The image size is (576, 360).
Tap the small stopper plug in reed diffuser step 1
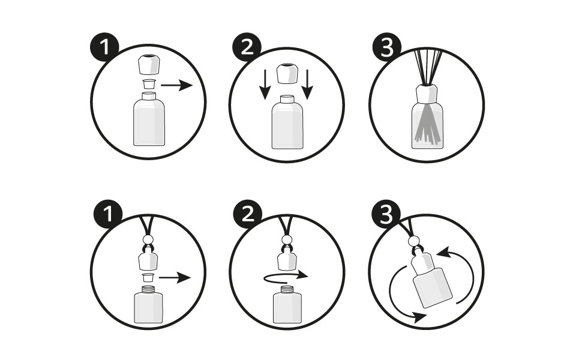coord(148,84)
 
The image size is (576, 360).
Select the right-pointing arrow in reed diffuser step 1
coord(176,86)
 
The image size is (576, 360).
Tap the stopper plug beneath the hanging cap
coord(148,277)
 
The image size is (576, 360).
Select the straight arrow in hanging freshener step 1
coord(175,278)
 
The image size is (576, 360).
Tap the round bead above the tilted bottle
coord(414,242)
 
